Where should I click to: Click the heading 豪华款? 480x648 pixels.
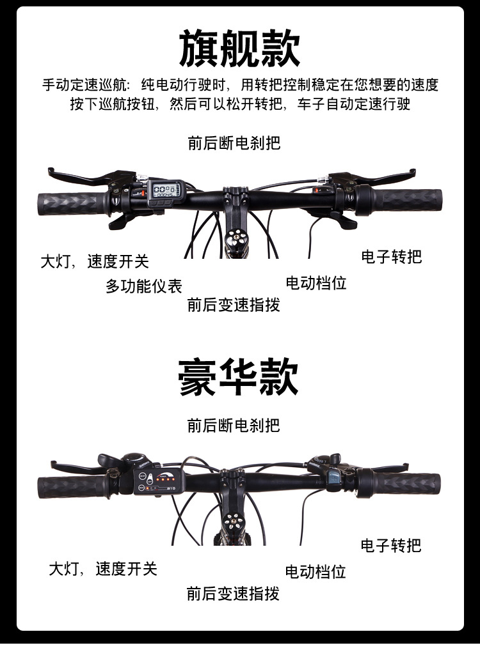click(x=239, y=378)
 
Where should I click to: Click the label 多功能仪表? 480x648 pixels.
click(x=144, y=286)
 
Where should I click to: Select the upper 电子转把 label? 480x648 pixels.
click(x=392, y=257)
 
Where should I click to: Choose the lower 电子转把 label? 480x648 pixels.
click(x=391, y=545)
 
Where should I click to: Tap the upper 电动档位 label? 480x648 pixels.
click(x=316, y=282)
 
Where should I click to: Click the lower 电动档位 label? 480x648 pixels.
click(x=316, y=571)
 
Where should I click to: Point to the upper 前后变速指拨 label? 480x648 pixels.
click(x=234, y=305)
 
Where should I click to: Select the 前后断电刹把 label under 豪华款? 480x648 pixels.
click(x=234, y=425)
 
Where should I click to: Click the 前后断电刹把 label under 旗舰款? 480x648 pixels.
click(x=234, y=143)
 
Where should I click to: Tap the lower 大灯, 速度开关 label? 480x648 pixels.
click(x=103, y=569)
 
